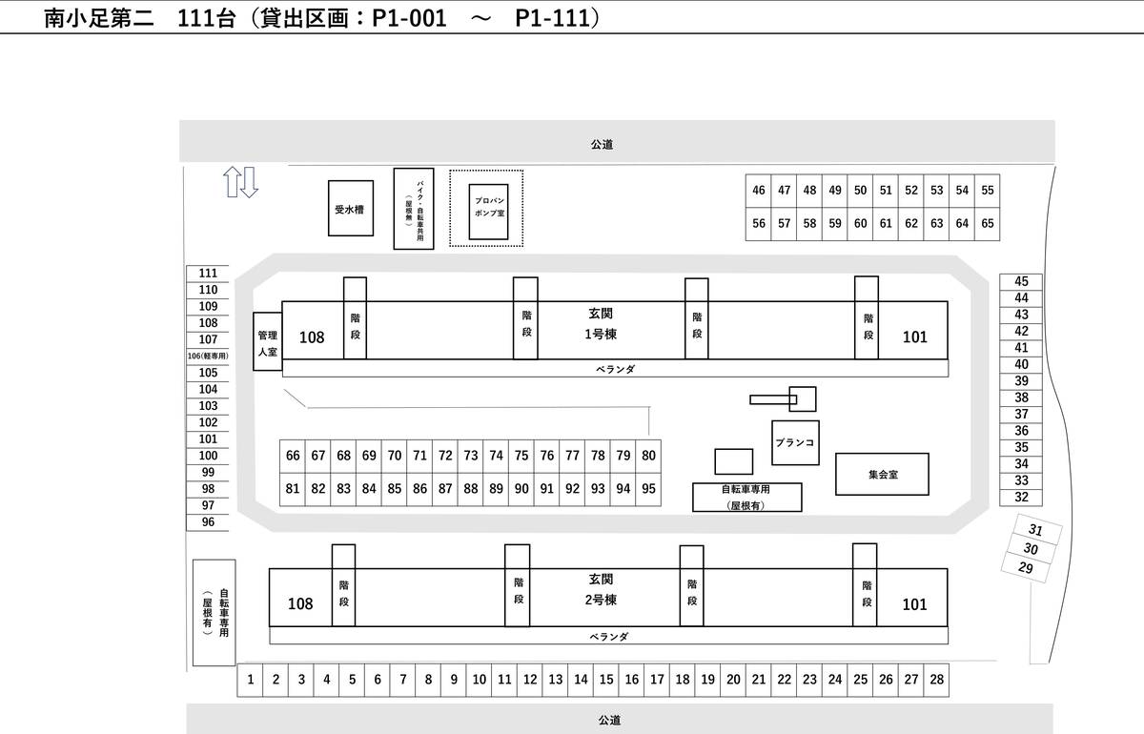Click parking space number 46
[759, 191]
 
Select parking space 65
[988, 224]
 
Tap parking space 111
[208, 274]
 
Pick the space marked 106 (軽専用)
[208, 356]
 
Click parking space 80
[648, 456]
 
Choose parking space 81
[293, 489]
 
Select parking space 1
[250, 680]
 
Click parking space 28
[936, 680]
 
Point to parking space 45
[1021, 281]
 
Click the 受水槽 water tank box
[349, 208]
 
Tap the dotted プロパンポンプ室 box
[487, 208]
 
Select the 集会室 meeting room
[882, 474]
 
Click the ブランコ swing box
[795, 443]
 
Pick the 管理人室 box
[267, 343]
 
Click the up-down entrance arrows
[240, 181]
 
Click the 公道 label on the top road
[601, 145]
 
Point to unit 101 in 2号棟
[914, 604]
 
